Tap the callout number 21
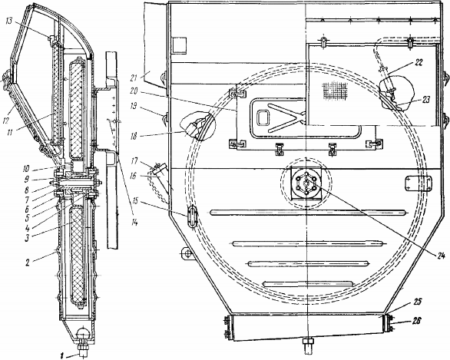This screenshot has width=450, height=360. point(141,78)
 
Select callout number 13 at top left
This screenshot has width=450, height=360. point(9,21)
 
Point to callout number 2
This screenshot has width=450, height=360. point(28,263)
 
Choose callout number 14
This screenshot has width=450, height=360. point(134,222)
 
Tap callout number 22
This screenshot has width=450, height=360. point(419,63)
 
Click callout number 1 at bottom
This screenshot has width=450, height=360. point(61,356)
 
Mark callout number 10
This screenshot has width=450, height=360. point(25,169)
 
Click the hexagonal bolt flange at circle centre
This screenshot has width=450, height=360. point(306,183)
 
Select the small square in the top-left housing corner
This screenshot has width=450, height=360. point(180,45)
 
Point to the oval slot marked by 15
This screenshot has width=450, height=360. point(192,216)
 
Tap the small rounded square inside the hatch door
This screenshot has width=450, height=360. point(263,117)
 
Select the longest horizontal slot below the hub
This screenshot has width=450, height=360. point(309,213)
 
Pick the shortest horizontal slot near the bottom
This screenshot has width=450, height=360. point(307,284)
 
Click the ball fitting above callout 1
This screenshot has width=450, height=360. point(83,333)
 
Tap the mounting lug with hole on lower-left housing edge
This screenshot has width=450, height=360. point(187,253)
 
